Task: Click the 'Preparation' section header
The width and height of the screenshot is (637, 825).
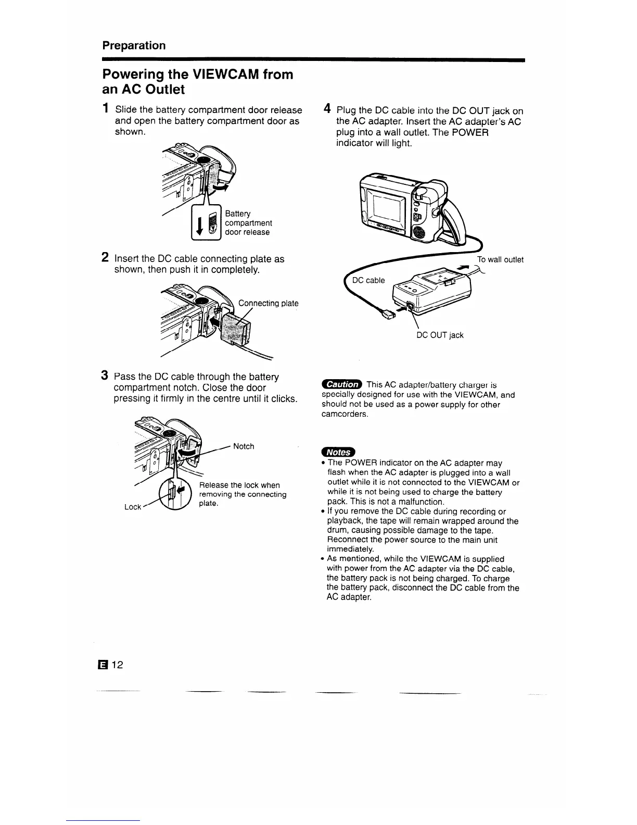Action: (x=134, y=45)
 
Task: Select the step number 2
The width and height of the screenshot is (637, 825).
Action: (x=105, y=257)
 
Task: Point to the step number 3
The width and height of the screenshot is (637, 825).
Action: (x=105, y=376)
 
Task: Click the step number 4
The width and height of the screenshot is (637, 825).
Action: (x=327, y=109)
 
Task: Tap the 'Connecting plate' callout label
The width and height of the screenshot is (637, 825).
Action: (x=268, y=303)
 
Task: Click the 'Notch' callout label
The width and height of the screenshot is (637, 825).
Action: (x=244, y=446)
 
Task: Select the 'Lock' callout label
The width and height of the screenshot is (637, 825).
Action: (x=133, y=507)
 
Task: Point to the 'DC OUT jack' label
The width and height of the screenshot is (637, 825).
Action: (x=440, y=335)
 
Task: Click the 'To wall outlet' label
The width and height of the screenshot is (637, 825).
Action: (x=500, y=260)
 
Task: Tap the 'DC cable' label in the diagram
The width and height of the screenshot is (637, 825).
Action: (x=368, y=280)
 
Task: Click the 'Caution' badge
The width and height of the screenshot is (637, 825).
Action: (x=342, y=384)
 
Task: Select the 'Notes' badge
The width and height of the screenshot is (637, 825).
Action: (x=337, y=452)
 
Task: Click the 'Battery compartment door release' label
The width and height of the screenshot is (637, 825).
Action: (x=247, y=223)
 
